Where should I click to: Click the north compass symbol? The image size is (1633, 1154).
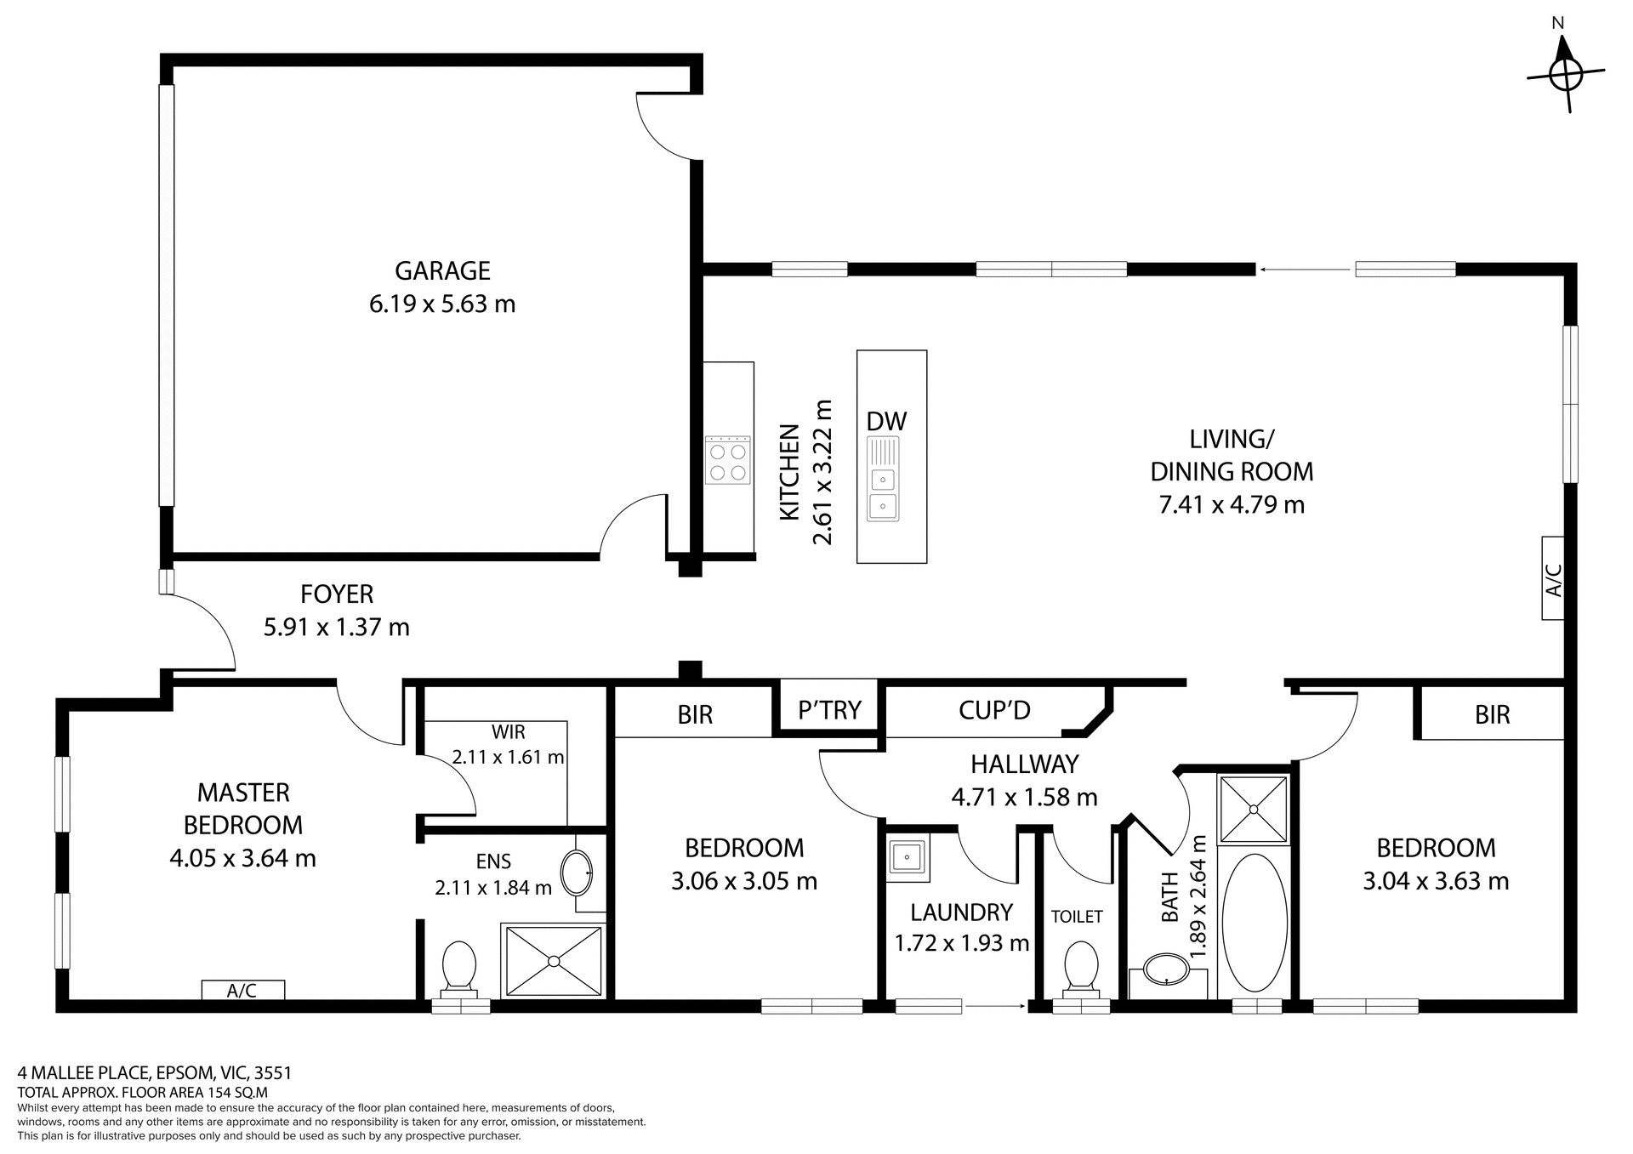[x=1565, y=75]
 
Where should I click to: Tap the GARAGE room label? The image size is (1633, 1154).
[x=442, y=271]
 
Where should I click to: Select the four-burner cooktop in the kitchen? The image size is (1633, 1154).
[x=727, y=460]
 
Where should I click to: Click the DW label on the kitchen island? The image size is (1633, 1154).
[x=886, y=421]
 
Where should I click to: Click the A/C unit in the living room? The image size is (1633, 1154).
[x=1552, y=578]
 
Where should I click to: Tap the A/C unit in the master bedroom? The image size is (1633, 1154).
[x=242, y=990]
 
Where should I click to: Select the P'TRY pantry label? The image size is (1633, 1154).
[x=829, y=709]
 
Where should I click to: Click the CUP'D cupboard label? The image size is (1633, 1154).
[x=994, y=709]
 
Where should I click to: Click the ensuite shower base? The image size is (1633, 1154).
[x=554, y=961]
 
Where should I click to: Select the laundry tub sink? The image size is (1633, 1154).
[x=908, y=854]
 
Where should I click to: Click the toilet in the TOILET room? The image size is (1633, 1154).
[x=1081, y=968]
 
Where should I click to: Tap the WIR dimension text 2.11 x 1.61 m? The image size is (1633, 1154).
[x=508, y=757]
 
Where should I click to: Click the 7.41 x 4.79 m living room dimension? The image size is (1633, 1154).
[x=1231, y=505]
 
